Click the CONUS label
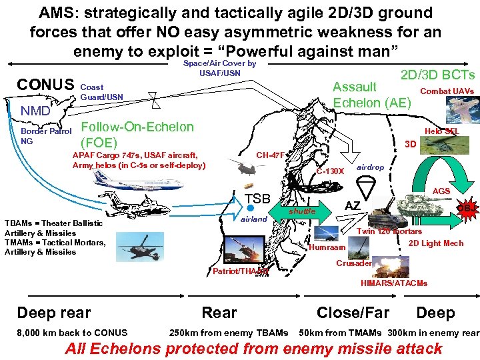click(x=45, y=85)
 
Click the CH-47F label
click(x=271, y=155)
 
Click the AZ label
click(x=353, y=206)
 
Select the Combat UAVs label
click(x=447, y=91)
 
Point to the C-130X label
click(x=330, y=171)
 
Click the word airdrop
click(x=371, y=167)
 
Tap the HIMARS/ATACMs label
click(x=394, y=283)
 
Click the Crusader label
click(x=354, y=263)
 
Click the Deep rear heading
click(x=54, y=313)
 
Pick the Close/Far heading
click(x=353, y=313)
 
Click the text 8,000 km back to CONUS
click(x=65, y=333)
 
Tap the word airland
click(x=253, y=219)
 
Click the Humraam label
click(x=328, y=247)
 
